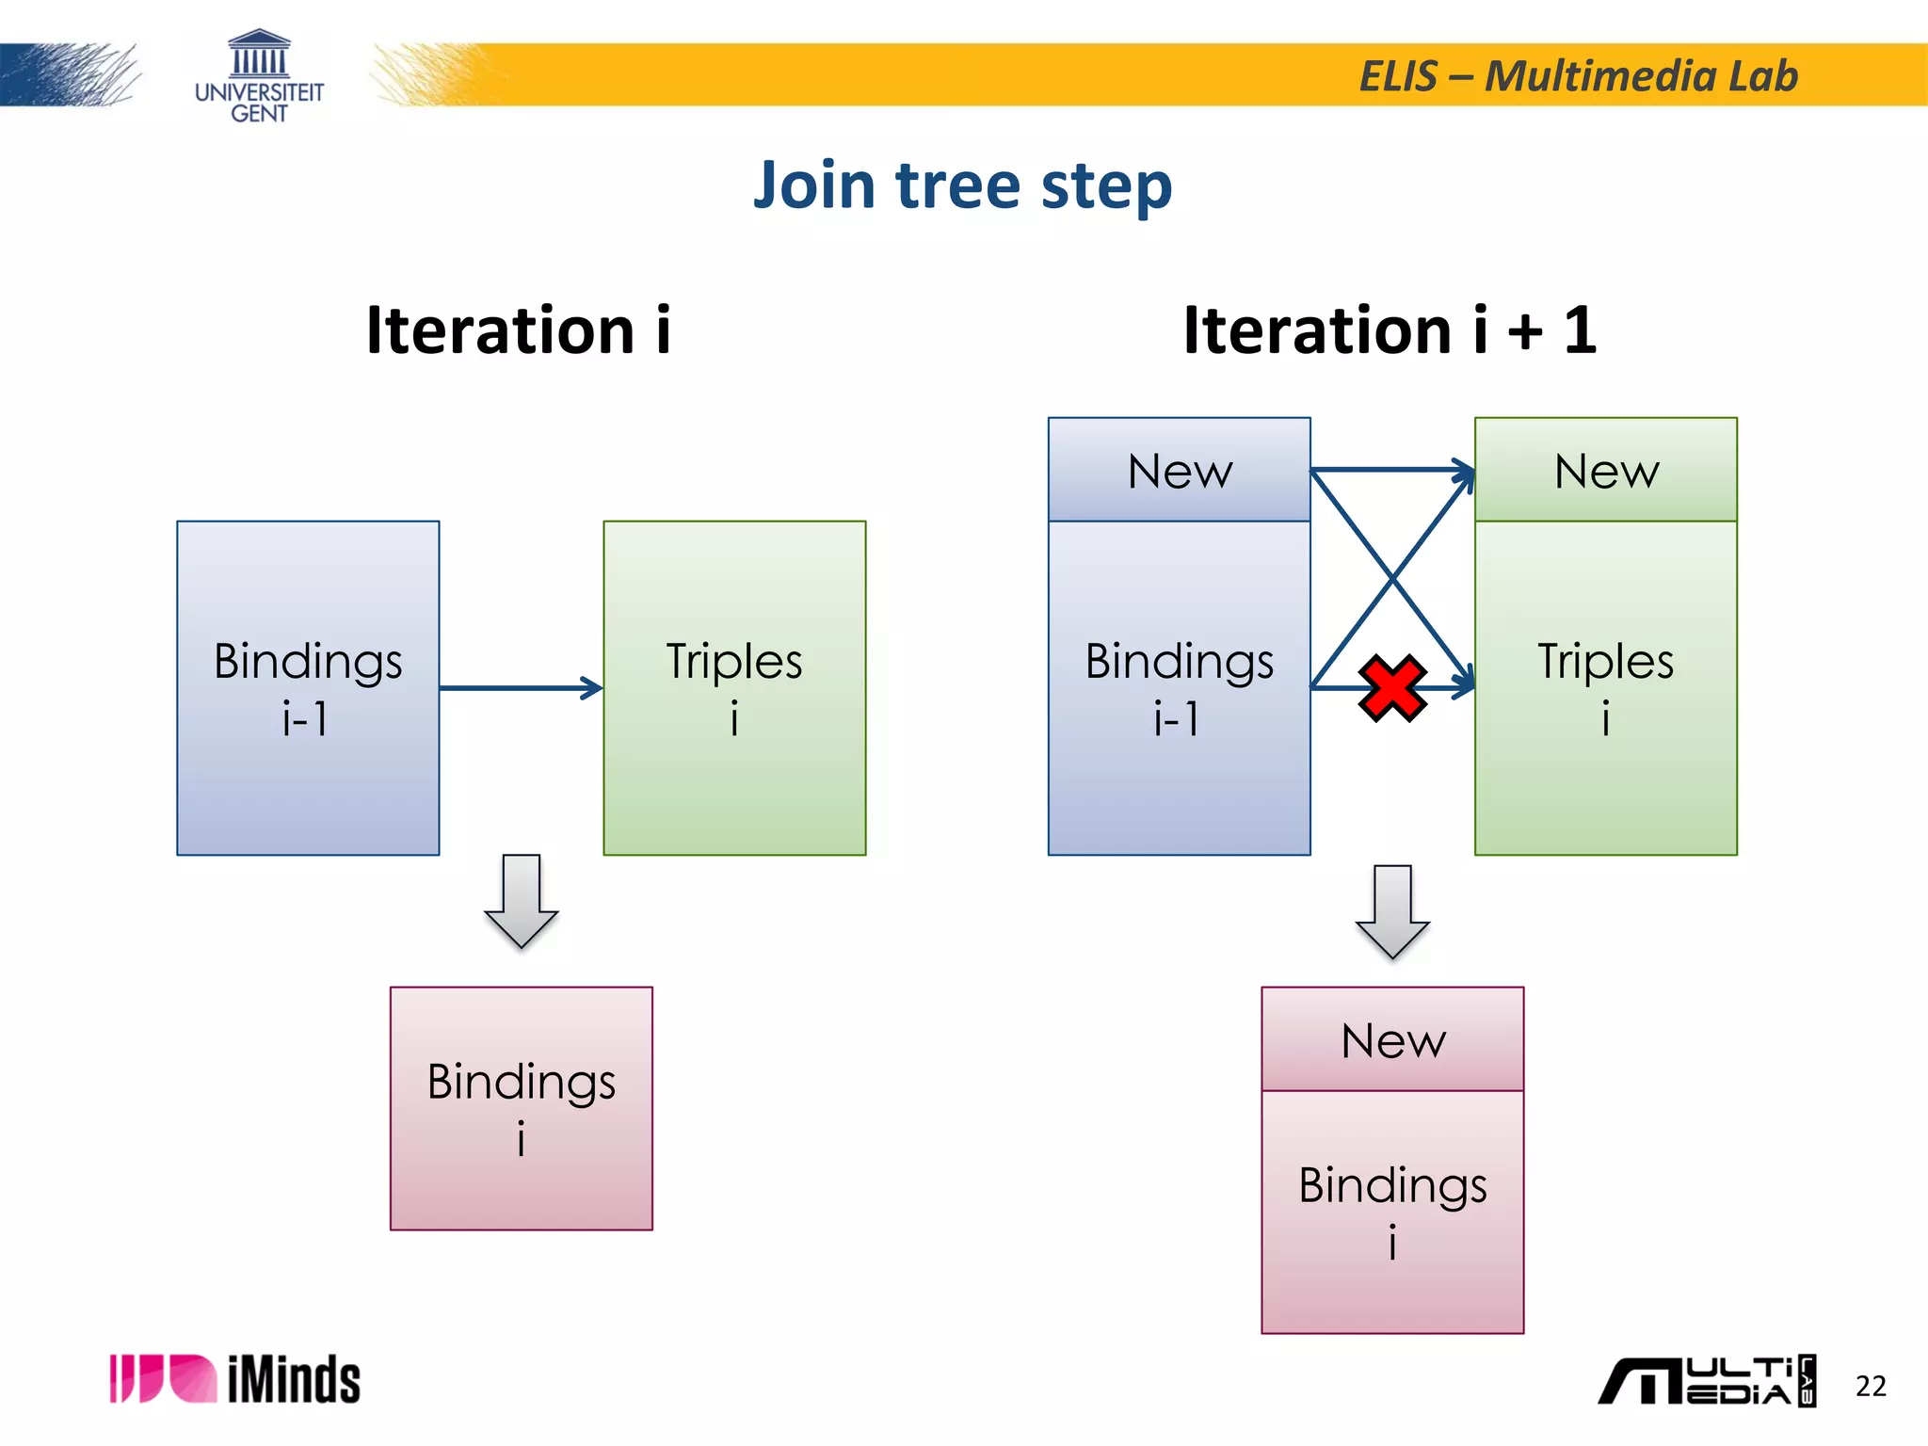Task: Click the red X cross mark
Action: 1391,688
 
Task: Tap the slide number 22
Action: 1870,1386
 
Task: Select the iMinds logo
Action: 235,1380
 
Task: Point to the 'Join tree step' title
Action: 962,185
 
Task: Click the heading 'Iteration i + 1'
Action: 1390,330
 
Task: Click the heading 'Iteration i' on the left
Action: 519,330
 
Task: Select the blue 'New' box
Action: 1179,470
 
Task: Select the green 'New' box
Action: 1605,470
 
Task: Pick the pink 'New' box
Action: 1391,1039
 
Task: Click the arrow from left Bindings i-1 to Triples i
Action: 521,688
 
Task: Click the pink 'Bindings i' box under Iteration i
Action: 521,1108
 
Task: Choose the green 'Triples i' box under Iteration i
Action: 734,688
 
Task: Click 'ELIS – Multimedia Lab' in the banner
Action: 1578,76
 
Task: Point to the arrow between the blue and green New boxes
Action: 1391,469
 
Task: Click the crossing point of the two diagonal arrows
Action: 1391,577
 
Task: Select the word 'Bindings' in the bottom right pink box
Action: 1391,1185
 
